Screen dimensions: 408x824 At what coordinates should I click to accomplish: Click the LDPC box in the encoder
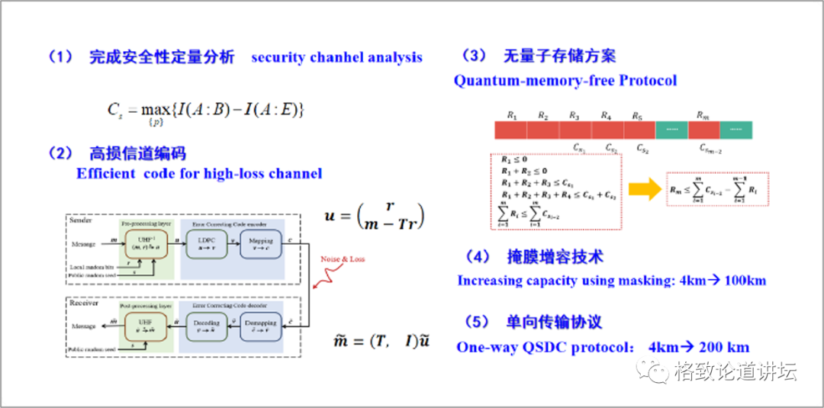[x=207, y=246]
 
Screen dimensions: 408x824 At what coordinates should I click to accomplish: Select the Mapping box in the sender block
[x=261, y=246]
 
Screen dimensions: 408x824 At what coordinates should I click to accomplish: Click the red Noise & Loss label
[x=344, y=259]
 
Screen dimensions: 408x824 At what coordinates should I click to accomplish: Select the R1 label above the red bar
[x=511, y=116]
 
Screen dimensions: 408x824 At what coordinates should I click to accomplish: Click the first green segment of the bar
[x=671, y=130]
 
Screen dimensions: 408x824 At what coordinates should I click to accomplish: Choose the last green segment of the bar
[x=735, y=130]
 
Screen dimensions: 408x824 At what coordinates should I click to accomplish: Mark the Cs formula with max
[x=206, y=111]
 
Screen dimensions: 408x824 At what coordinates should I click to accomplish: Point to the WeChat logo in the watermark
[x=658, y=373]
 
